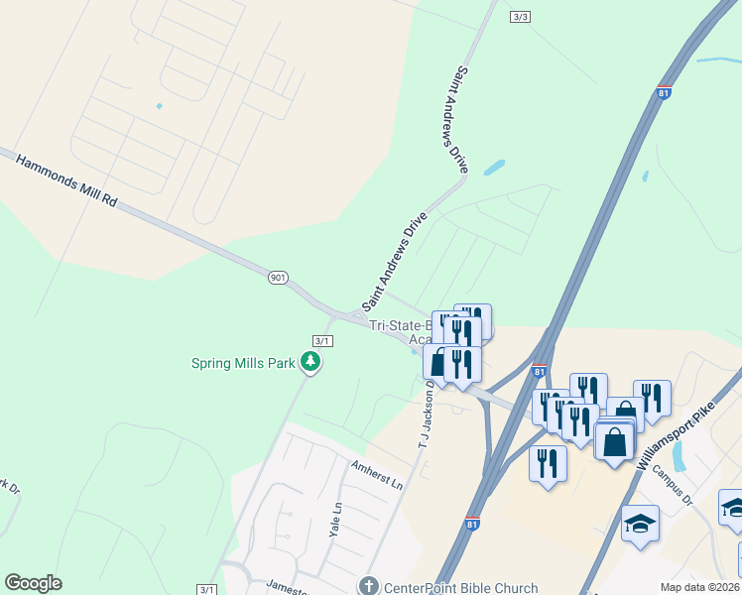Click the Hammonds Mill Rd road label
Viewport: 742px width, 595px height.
(67, 179)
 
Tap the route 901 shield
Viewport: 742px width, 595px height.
(278, 279)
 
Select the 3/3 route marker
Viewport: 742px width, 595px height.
(521, 17)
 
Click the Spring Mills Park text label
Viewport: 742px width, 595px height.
(243, 363)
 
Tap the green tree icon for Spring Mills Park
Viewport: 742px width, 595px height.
(311, 362)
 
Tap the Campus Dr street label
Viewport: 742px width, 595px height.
(672, 488)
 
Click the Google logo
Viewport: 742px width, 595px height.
(33, 583)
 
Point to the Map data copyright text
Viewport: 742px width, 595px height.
(699, 587)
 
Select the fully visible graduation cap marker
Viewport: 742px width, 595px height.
(640, 523)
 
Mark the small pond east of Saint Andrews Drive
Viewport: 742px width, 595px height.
(494, 168)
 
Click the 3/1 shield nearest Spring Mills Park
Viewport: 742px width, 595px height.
(322, 340)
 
